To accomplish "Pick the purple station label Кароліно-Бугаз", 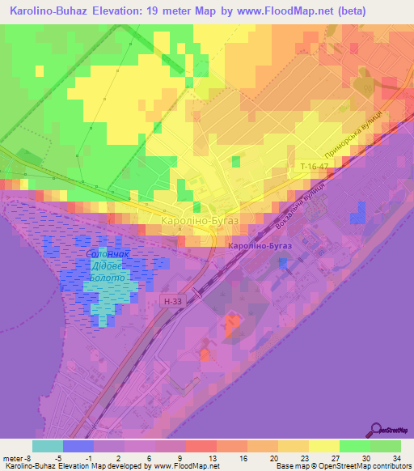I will click(256, 245).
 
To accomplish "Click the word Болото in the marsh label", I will click(106, 278).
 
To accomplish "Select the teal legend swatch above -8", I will click(47, 446).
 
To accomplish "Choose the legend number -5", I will click(70, 457).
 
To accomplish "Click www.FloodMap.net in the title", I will click(272, 11).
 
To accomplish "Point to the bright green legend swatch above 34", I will click(386, 446).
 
